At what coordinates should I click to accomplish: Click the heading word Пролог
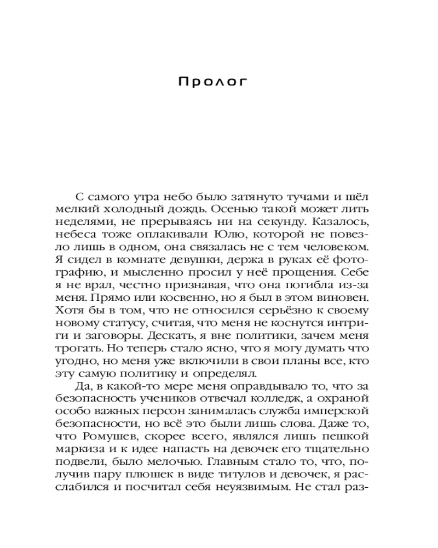click(x=214, y=82)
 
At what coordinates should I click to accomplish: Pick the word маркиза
click(x=79, y=449)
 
